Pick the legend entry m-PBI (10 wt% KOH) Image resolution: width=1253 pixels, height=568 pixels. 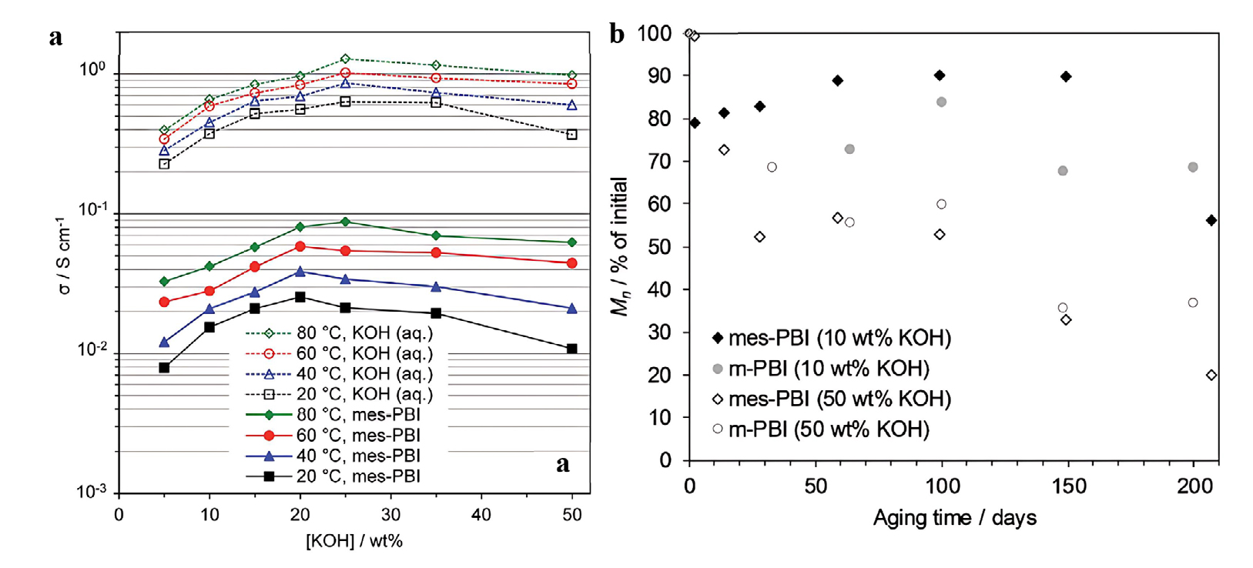point(829,369)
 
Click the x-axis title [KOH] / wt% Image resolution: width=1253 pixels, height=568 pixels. point(354,541)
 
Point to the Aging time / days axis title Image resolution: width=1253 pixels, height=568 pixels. point(954,518)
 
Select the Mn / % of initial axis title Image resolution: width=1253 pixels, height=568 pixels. point(620,246)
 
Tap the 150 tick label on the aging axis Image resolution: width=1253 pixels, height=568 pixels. point(1068,486)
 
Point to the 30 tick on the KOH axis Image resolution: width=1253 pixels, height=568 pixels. point(390,515)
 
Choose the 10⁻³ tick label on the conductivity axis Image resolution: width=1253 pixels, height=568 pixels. point(92,492)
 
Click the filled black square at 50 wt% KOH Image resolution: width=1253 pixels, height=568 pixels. point(571,349)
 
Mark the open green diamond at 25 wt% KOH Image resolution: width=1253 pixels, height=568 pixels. point(345,58)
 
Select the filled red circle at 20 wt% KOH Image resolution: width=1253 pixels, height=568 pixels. point(300,246)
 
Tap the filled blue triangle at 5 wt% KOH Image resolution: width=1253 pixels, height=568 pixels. point(164,342)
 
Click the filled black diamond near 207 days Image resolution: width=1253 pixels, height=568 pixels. point(1211,220)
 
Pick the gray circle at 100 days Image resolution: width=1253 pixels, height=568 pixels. point(941,102)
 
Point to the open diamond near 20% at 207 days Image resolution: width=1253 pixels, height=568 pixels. point(1211,375)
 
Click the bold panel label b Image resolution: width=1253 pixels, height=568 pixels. point(617,34)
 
